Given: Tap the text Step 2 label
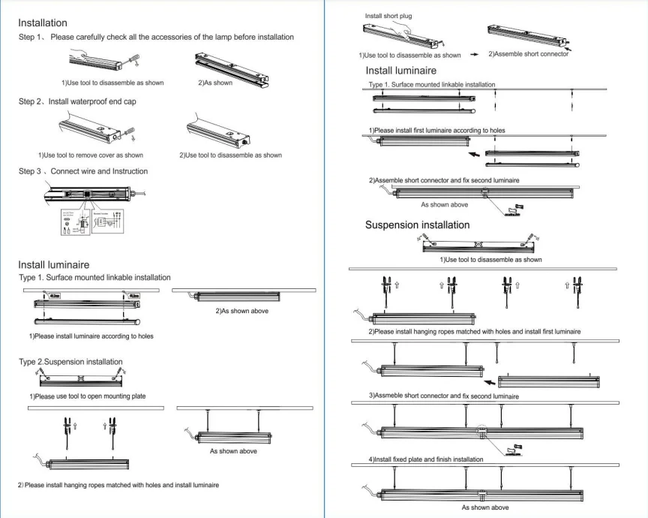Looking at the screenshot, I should [x=30, y=101].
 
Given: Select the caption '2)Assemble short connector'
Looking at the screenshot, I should [x=528, y=54].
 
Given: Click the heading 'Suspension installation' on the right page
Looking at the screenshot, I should [x=417, y=224].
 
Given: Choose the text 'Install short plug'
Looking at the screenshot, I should [x=388, y=16].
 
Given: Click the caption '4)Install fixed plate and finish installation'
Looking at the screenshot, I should [x=425, y=459].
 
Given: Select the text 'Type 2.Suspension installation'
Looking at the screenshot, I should [x=70, y=362].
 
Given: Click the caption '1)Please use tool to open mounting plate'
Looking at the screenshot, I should [x=87, y=396].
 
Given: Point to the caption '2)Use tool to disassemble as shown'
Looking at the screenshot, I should [x=230, y=155].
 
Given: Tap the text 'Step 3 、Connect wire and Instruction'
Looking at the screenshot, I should [x=82, y=171].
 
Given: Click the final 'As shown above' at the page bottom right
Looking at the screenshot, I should [x=485, y=507].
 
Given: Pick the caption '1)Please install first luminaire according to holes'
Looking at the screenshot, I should [x=436, y=131].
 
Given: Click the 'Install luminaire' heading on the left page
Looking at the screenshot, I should [x=53, y=264].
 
